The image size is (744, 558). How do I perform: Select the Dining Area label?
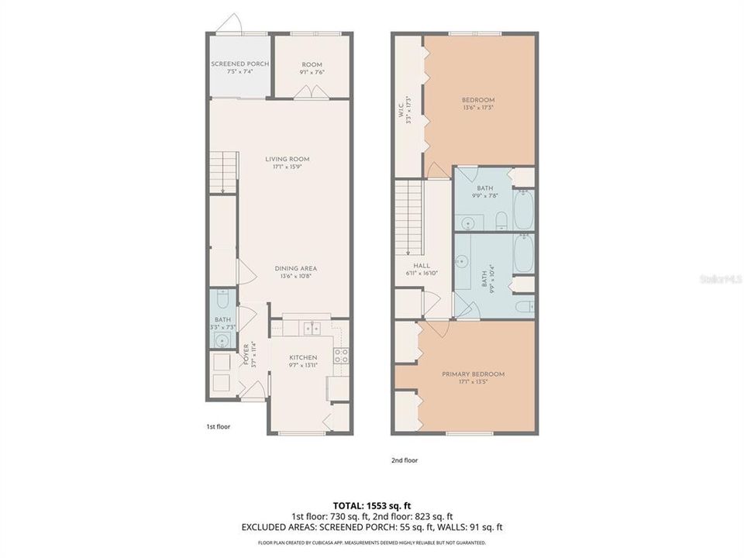tap(296, 268)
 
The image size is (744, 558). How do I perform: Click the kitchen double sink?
tap(312, 329)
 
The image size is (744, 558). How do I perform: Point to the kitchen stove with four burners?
tap(340, 356)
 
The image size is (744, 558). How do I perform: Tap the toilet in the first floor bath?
tap(222, 298)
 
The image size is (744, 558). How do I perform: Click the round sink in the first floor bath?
tap(222, 339)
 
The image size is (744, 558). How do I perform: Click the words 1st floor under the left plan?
tap(218, 426)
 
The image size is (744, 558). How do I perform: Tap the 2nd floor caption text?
tap(405, 460)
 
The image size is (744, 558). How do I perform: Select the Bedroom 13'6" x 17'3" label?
tap(478, 100)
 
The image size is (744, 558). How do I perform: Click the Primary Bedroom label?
tap(473, 374)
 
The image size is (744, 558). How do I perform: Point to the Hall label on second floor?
tap(422, 265)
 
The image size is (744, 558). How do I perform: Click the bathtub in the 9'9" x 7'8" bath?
tap(524, 208)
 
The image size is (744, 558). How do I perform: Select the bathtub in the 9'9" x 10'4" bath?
tap(524, 255)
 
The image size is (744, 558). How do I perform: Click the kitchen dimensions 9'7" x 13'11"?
tap(304, 365)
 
